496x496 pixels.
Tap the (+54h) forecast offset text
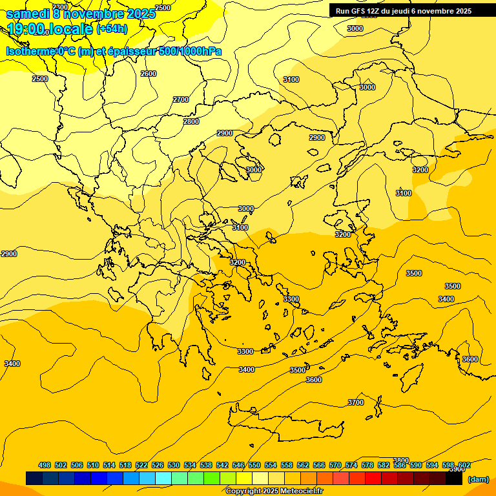tap(112, 29)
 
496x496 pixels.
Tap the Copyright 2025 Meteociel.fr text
tap(274, 491)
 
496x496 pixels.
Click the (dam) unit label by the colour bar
tap(478, 479)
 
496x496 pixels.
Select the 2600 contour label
tap(149, 74)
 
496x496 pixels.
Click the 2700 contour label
tap(181, 99)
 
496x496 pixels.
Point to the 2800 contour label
tap(191, 121)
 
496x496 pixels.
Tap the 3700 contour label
tap(356, 402)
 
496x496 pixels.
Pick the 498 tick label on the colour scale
tap(45, 465)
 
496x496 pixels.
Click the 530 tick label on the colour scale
tap(174, 465)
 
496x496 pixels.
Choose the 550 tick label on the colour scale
tap(254, 465)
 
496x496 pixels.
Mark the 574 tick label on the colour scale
tap(351, 465)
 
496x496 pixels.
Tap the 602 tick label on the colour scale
tap(464, 465)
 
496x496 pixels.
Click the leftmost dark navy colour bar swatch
tap(34, 479)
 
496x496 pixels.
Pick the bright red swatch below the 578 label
tap(373, 479)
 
